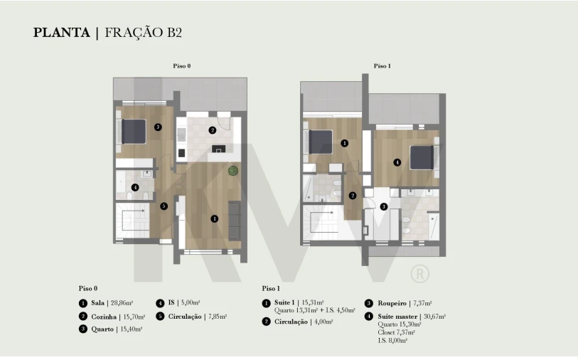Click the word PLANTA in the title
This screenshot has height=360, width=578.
(x=62, y=33)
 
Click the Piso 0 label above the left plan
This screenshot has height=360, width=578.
(x=182, y=66)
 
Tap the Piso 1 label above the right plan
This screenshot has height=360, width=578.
(x=382, y=66)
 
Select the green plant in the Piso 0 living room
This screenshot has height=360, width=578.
(x=233, y=171)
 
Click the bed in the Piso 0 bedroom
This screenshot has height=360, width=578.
(x=134, y=132)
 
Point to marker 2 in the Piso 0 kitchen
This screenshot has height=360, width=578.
(x=212, y=130)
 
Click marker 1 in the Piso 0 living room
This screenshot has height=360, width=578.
(x=215, y=218)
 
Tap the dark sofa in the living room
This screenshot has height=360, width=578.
(x=234, y=221)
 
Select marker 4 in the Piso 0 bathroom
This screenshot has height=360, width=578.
(x=135, y=187)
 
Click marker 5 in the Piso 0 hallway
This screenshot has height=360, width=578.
(x=164, y=206)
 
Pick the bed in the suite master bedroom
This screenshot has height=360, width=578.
(x=422, y=157)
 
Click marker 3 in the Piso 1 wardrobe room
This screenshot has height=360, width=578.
(x=384, y=206)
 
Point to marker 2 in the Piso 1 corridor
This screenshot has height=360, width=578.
(x=353, y=196)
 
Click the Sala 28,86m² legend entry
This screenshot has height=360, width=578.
(x=106, y=303)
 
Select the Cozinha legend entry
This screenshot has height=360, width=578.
(x=112, y=317)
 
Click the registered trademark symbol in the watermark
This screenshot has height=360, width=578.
(x=420, y=274)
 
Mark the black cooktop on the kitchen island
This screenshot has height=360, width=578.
(x=218, y=149)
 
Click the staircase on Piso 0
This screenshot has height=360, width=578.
(x=133, y=221)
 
